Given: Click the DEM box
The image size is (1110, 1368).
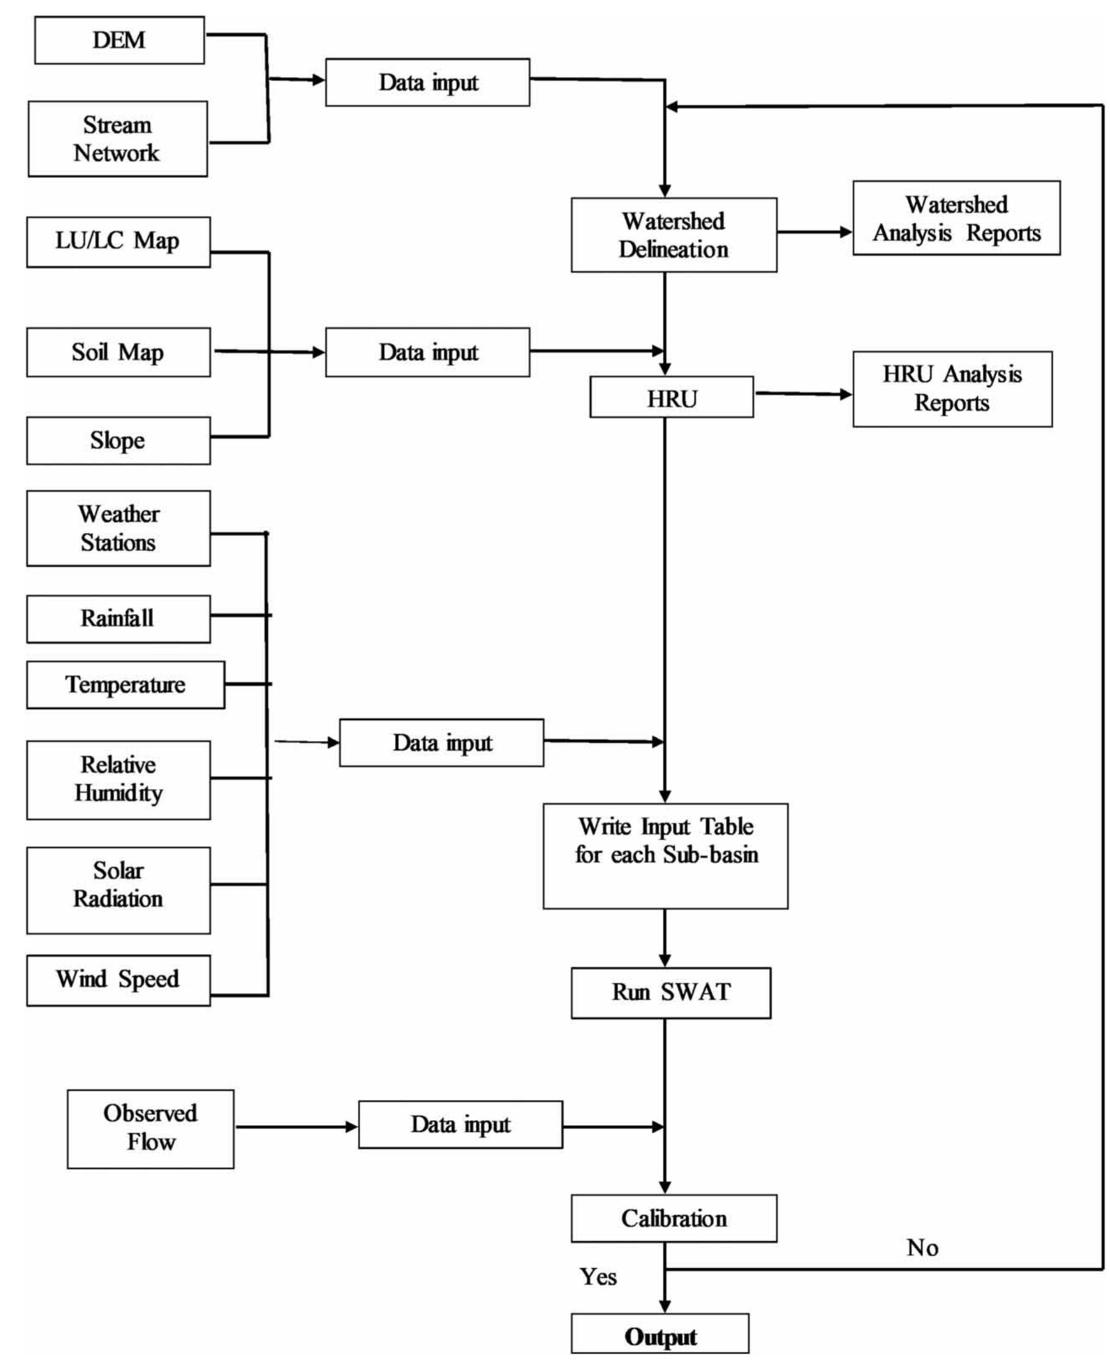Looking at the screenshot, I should click(x=119, y=40).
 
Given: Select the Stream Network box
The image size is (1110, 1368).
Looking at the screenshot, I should click(x=118, y=139).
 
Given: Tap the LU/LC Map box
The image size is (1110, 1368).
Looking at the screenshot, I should click(x=119, y=241).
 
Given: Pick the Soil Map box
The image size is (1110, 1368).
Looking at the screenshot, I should click(x=119, y=353).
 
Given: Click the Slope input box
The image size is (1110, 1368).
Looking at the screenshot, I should click(x=119, y=440).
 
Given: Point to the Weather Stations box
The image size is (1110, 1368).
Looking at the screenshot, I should click(x=119, y=528).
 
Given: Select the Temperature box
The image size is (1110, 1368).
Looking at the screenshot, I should click(x=125, y=685).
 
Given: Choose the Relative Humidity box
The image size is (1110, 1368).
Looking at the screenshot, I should click(x=119, y=779).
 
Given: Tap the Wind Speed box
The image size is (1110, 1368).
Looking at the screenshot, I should click(x=119, y=980).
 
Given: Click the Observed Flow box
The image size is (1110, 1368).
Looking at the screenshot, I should click(x=150, y=1129).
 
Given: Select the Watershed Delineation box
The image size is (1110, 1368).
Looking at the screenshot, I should click(x=674, y=235).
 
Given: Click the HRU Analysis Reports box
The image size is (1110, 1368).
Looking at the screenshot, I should click(x=951, y=389).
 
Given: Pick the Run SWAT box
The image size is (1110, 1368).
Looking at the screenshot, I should click(x=670, y=992).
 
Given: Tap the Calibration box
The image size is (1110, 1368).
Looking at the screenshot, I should click(x=674, y=1219).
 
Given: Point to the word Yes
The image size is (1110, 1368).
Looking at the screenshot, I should click(x=598, y=1277).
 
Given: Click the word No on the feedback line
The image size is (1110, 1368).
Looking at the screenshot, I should click(x=922, y=1248).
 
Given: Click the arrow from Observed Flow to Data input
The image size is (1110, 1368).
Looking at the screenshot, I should click(x=295, y=1127).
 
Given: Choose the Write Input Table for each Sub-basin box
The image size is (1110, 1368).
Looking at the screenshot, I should click(x=665, y=856).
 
